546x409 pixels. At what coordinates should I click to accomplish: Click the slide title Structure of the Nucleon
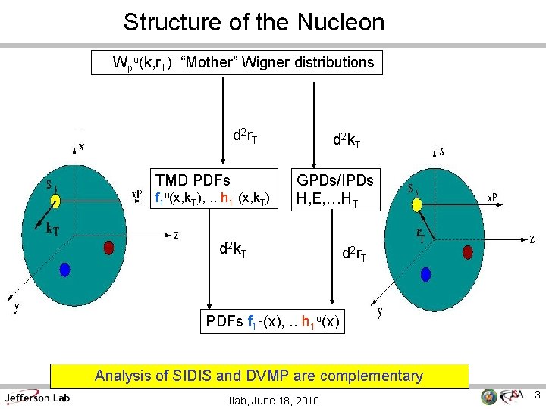coord(254,22)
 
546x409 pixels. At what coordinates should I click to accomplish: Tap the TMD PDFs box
coord(212,190)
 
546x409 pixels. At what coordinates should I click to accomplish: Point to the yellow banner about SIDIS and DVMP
coord(259,376)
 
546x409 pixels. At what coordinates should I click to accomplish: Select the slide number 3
coord(535,395)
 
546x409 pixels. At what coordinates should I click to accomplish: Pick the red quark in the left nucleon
coord(108,247)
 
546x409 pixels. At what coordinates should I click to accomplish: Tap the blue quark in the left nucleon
coord(65,268)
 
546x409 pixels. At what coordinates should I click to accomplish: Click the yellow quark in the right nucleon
coord(416,205)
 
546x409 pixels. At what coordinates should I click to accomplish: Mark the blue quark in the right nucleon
coord(425,273)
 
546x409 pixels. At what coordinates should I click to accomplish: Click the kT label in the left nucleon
coord(54,227)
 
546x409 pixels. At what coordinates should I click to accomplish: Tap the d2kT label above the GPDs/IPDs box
coord(347,139)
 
